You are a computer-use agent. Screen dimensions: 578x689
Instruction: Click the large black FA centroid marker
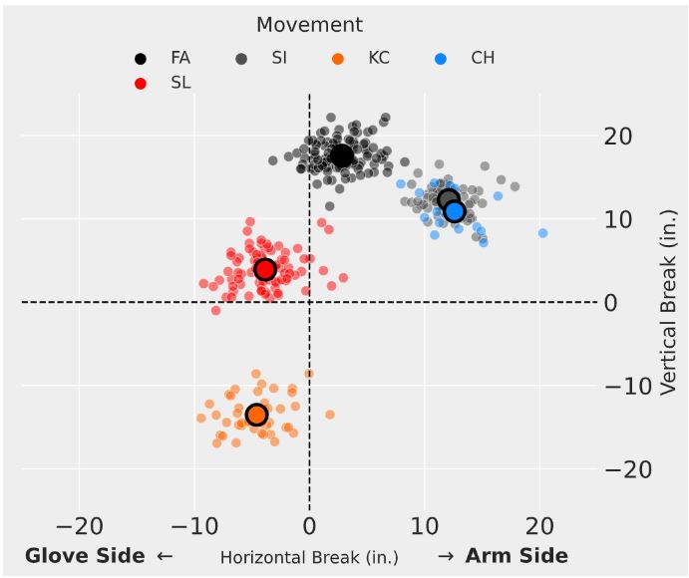coord(342,156)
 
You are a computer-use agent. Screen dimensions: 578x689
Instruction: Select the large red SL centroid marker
coord(264,269)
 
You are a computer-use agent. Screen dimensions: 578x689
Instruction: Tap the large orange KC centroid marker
coord(256,415)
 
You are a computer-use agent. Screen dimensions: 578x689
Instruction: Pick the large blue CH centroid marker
coord(455,211)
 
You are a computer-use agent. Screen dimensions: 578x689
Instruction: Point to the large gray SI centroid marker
coord(448,200)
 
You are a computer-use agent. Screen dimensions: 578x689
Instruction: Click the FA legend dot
coord(141,59)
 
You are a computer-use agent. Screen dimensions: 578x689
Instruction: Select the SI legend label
coord(280,59)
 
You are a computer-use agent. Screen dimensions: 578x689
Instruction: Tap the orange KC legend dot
coord(338,59)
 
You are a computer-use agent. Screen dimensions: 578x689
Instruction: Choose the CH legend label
coord(483,59)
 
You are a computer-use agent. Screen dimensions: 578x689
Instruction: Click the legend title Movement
coord(309,25)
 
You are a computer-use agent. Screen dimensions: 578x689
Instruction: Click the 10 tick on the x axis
coord(426,525)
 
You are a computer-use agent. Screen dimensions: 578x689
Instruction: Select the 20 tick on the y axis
coord(621,137)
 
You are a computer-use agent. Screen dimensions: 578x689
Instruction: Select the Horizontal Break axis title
coord(309,557)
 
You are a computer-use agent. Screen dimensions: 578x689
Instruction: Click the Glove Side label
coord(87,556)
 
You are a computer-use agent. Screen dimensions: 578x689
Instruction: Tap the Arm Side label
coord(517,556)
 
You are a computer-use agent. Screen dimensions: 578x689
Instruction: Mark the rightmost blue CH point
coord(543,233)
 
